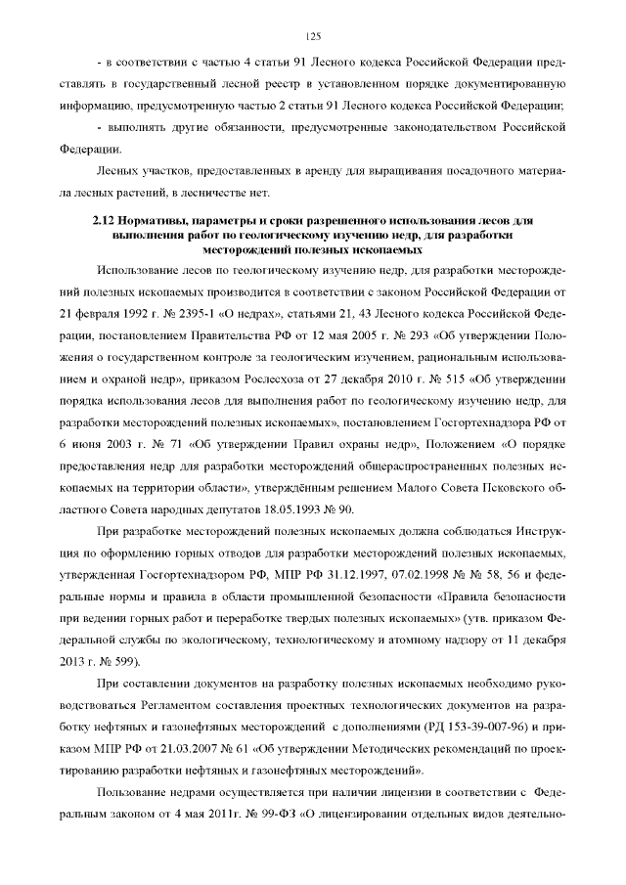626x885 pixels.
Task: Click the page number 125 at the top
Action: point(313,36)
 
